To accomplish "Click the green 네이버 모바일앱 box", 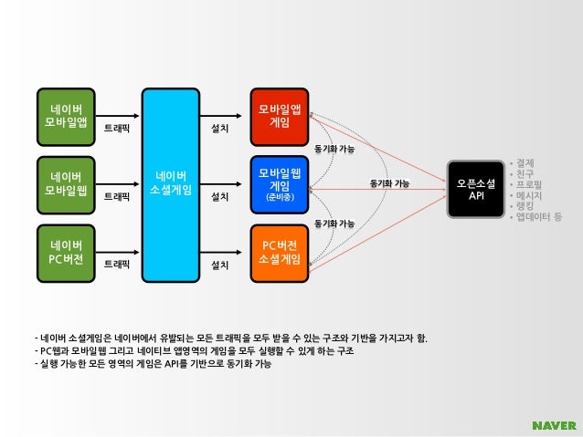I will (67, 115).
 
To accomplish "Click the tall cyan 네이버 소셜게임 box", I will (171, 183).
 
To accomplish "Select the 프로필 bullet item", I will (528, 185).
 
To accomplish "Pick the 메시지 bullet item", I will (528, 196).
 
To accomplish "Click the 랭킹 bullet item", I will (525, 207).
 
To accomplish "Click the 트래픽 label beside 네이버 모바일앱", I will (116, 129).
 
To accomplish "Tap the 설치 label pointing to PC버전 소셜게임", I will (219, 265).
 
